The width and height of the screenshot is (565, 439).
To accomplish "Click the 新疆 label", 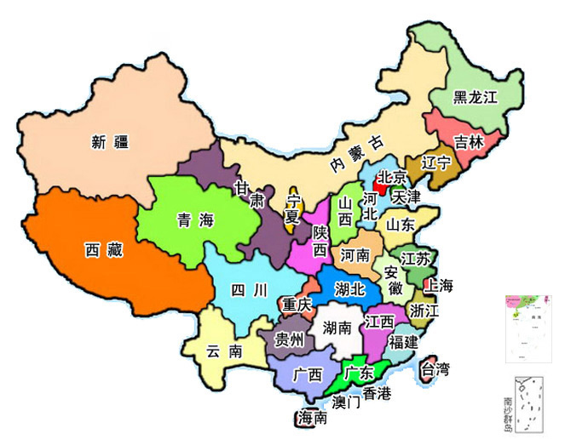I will pyautogui.click(x=110, y=142).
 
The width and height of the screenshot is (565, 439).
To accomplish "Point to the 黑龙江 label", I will pyautogui.click(x=475, y=97).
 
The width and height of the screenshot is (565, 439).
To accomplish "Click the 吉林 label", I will pyautogui.click(x=467, y=142).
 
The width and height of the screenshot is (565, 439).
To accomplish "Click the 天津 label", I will pyautogui.click(x=406, y=197).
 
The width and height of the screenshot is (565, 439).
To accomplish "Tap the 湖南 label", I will pyautogui.click(x=337, y=328).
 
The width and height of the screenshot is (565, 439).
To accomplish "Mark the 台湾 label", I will pyautogui.click(x=435, y=369).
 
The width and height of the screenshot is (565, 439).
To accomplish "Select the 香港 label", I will pyautogui.click(x=376, y=393).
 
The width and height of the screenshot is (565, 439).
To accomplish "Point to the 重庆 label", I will pyautogui.click(x=297, y=304).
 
